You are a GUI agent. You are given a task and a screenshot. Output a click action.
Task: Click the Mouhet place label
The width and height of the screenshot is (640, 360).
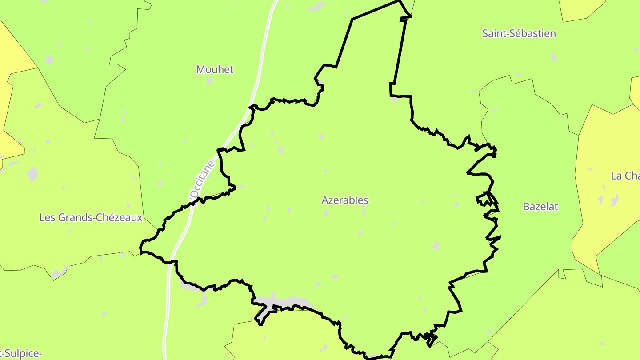point(215,69)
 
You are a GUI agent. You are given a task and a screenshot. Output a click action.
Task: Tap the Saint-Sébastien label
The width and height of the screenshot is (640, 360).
point(519,33)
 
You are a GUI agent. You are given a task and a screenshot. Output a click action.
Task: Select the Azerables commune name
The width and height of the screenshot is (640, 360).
point(345,200)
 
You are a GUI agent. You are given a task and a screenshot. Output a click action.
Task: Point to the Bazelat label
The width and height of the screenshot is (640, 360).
point(540,207)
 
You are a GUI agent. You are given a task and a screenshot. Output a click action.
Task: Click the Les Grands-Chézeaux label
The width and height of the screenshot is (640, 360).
point(91,218)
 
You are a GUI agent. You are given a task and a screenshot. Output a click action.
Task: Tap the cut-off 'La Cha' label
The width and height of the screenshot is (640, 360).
point(625,176)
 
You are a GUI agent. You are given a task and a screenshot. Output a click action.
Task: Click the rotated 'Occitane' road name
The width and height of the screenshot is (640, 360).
point(202,180)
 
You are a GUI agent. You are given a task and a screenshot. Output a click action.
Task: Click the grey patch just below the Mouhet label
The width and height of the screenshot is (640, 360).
point(210,80)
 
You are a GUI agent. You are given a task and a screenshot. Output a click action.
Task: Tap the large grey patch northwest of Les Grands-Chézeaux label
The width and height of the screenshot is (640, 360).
point(32,174)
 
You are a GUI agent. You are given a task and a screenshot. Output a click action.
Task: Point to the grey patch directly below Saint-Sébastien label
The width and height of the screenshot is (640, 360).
point(553,57)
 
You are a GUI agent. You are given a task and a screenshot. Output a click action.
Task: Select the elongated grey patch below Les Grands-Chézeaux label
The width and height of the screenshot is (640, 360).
point(60,273)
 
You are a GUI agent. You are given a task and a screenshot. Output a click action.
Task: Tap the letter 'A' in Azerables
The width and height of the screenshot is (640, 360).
point(325,200)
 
